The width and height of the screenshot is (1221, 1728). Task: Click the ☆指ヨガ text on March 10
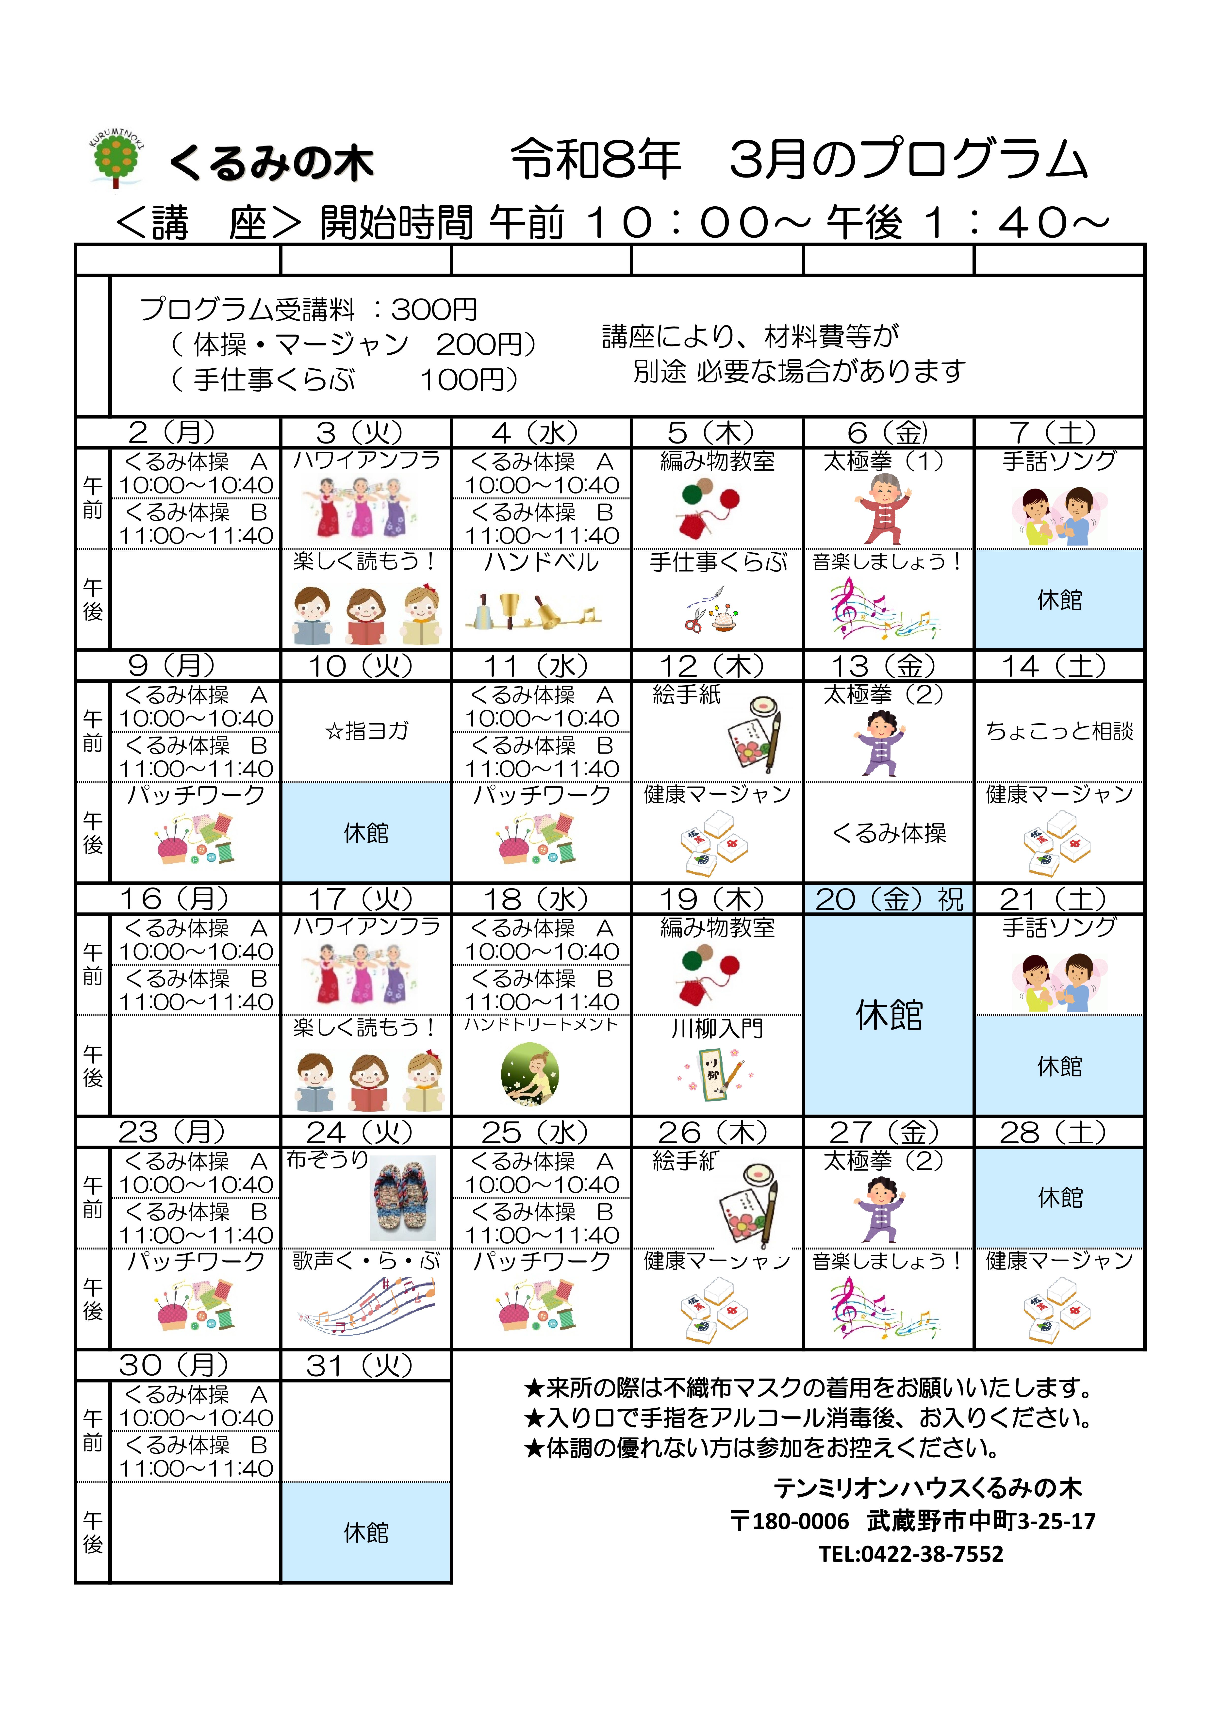point(367,731)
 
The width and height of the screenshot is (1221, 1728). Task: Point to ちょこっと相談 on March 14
point(1059,731)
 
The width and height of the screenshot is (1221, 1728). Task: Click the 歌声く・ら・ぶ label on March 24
point(367,1261)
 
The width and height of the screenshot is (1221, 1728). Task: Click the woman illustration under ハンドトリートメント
point(530,1074)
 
